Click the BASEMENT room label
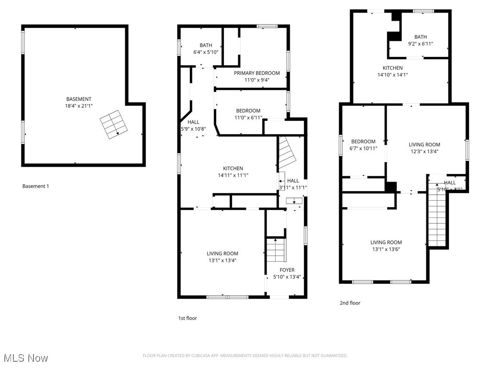click(78, 99)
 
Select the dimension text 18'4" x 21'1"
click(78, 106)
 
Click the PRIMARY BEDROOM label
click(256, 73)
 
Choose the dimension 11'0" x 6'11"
click(248, 117)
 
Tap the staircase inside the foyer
click(276, 249)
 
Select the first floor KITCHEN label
click(233, 168)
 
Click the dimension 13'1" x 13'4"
click(222, 260)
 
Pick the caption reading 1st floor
click(187, 318)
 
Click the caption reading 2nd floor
click(350, 303)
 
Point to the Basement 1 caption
click(36, 186)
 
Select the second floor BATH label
click(421, 37)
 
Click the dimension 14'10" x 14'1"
click(392, 74)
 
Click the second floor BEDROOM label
click(363, 141)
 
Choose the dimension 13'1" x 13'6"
click(386, 249)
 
